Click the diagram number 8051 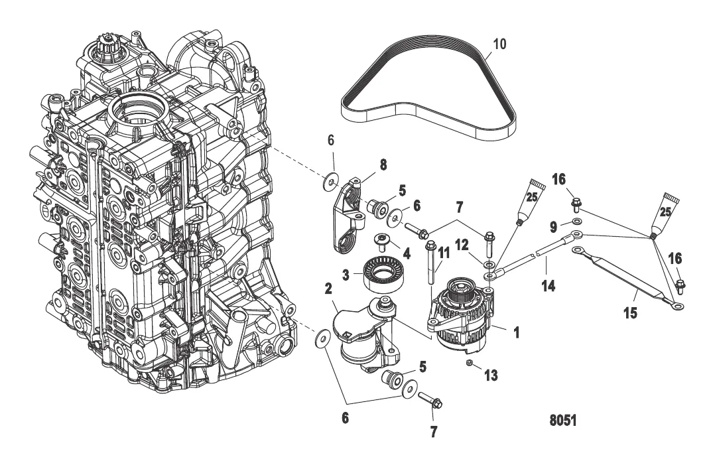pos(562,420)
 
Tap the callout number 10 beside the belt pos(499,44)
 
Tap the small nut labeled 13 pos(469,362)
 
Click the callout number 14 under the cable pos(548,286)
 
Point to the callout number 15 pos(630,313)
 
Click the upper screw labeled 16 pos(576,204)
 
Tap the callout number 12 pos(462,245)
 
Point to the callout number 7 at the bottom pos(433,431)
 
